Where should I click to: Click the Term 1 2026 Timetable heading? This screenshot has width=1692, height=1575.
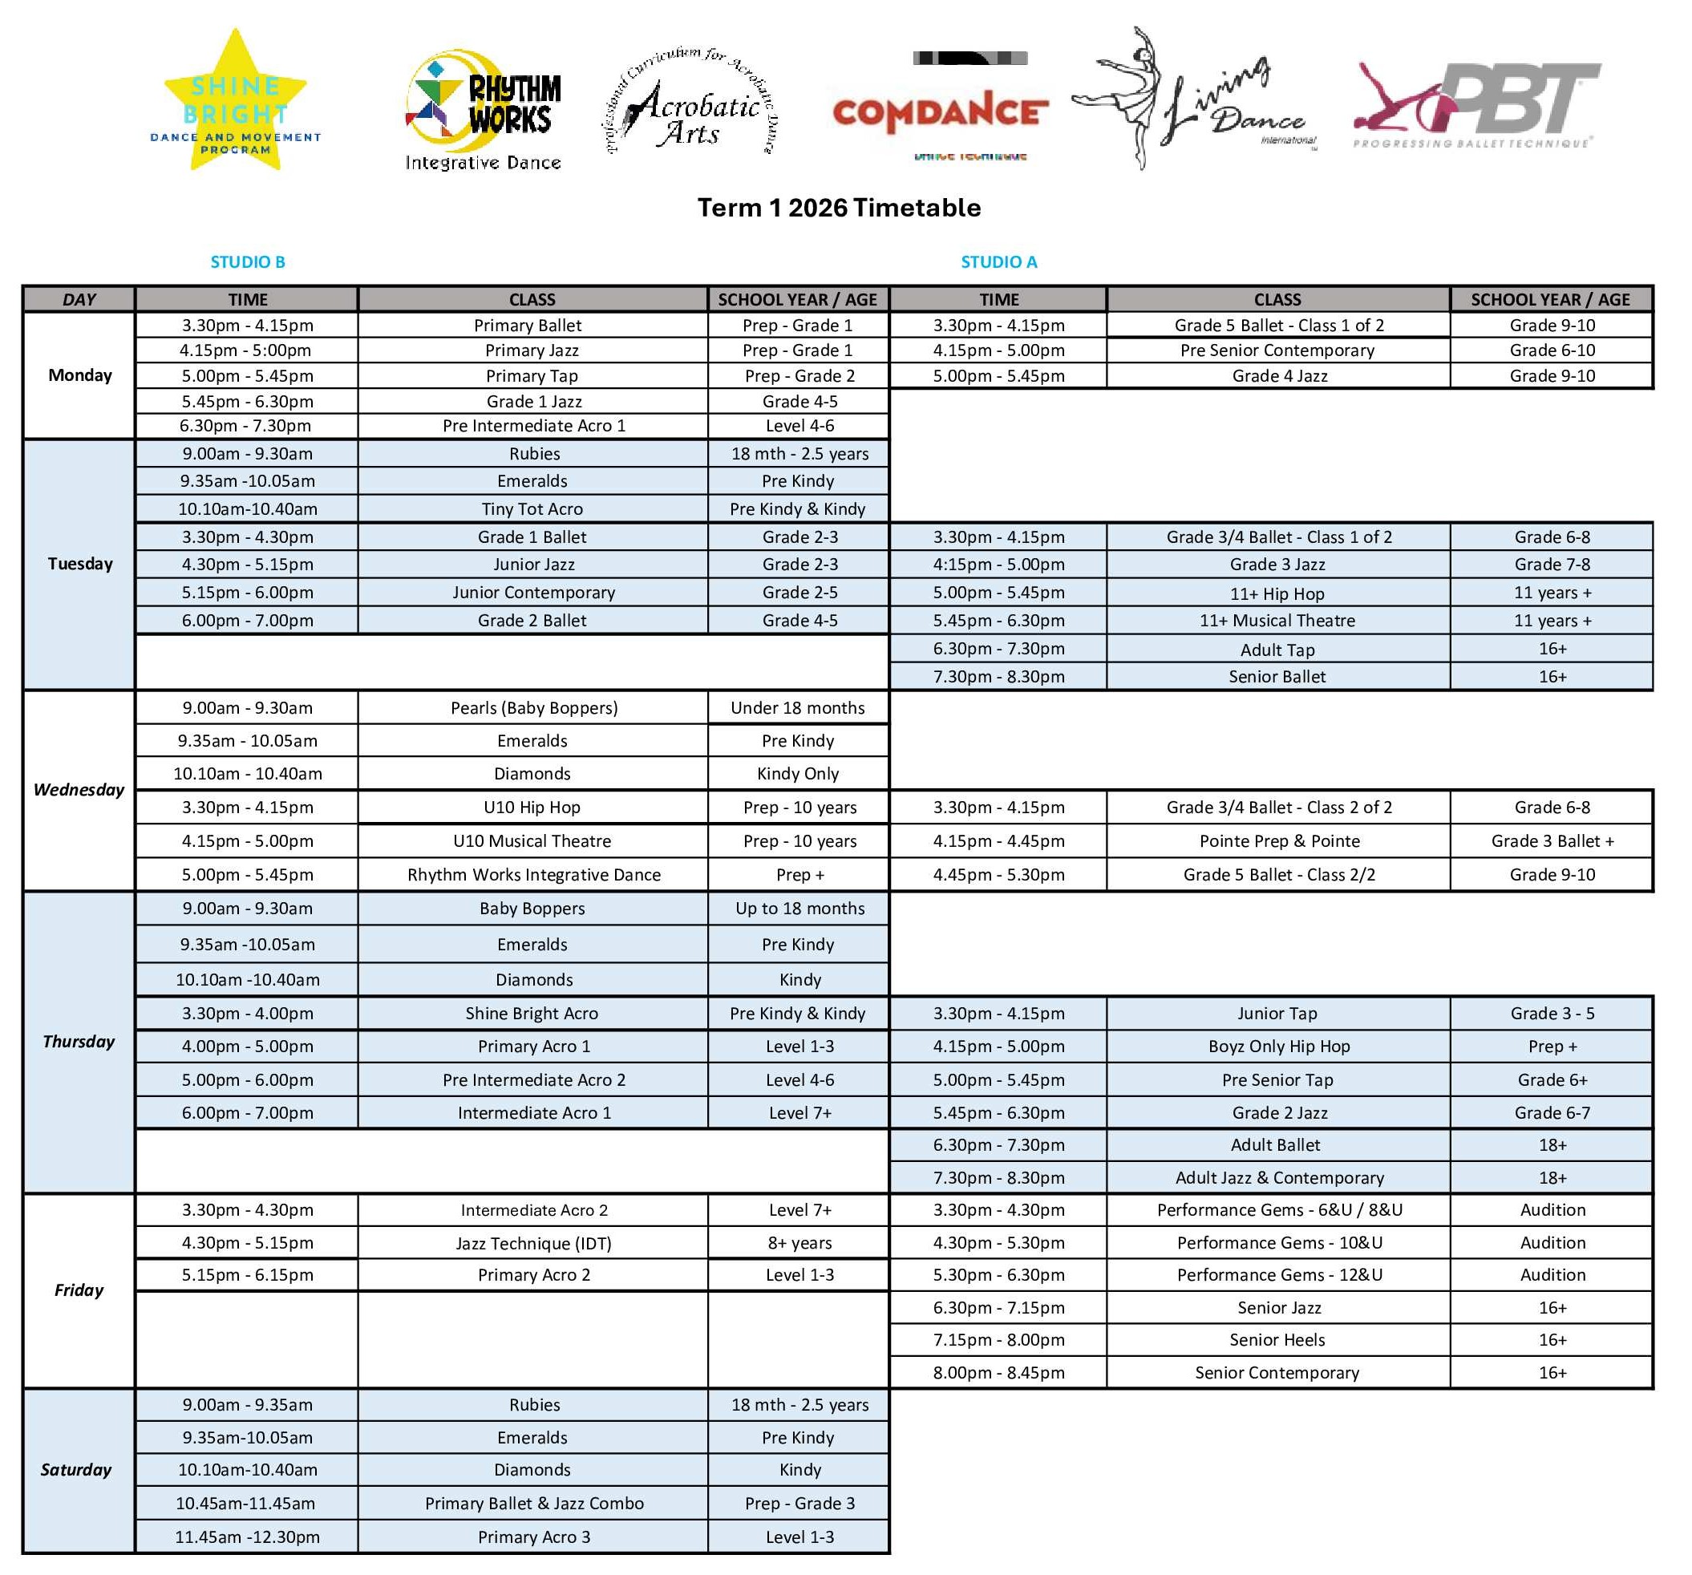tap(840, 208)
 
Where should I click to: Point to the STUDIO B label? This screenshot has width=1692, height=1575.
tap(248, 262)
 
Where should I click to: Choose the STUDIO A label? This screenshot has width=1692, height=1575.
tap(998, 262)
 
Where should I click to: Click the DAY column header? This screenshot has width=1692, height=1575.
tap(79, 300)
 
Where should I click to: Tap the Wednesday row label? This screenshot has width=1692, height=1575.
tap(79, 790)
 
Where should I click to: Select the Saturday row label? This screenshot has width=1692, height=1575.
tap(77, 1470)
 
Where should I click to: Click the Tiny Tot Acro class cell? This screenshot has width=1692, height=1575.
tap(532, 509)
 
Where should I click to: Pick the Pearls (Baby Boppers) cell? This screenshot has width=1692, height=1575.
tap(533, 708)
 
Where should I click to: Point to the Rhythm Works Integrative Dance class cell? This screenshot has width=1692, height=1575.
tap(533, 875)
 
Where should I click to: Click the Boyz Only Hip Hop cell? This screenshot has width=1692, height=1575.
tap(1278, 1047)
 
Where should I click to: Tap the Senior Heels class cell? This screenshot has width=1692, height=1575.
tap(1277, 1340)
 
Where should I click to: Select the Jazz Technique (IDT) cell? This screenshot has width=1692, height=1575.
tap(532, 1244)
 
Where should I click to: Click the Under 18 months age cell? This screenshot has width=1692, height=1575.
tap(798, 708)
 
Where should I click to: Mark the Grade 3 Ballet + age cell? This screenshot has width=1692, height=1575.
tap(1552, 842)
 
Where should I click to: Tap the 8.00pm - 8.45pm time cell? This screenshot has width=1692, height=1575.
tap(998, 1373)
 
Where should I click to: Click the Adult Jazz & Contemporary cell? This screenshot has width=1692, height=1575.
tap(1278, 1178)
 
